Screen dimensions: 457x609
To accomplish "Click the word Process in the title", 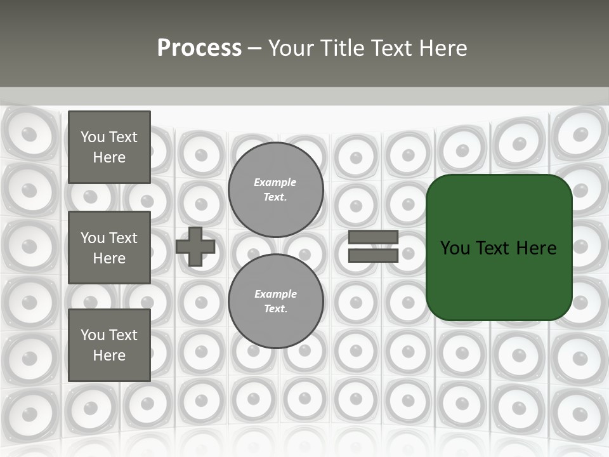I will tap(199, 48).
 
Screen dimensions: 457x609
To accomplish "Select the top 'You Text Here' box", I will tap(109, 147).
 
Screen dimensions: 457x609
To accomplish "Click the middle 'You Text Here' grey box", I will tap(109, 248).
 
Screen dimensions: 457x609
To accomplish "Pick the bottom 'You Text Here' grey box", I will tap(109, 345).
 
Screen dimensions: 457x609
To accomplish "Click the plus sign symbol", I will tap(195, 246).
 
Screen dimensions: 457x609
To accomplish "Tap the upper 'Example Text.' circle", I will tap(275, 190).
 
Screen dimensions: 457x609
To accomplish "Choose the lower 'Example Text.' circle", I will tap(275, 301).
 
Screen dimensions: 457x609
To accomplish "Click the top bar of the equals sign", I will tap(373, 237).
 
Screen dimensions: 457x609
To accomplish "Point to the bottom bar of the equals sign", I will tap(373, 255).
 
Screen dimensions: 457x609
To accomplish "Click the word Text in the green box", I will tap(493, 248).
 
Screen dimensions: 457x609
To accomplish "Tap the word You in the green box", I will tap(455, 248).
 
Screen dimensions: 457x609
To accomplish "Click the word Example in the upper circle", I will tap(275, 182).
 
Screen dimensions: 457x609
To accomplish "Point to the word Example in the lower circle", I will tap(275, 294).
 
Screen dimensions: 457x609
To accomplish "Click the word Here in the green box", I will tap(536, 248).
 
